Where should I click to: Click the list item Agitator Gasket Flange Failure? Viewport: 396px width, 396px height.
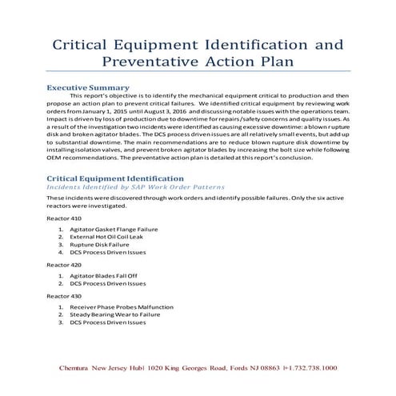pos(113,229)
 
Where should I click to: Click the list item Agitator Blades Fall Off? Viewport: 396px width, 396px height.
pos(105,274)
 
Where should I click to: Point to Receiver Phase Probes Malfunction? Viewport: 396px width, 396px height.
pos(118,307)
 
